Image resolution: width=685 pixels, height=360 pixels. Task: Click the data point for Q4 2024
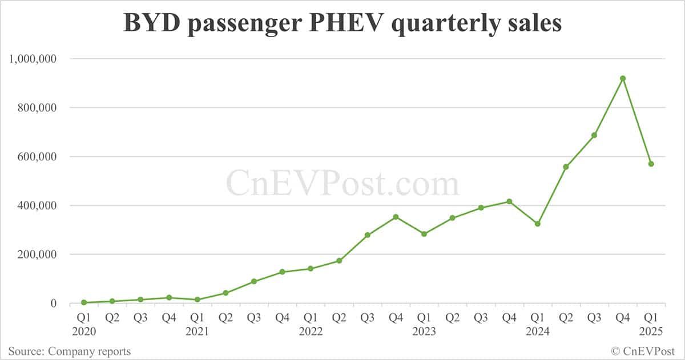pos(623,78)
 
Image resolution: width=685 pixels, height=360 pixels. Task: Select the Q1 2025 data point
pos(651,164)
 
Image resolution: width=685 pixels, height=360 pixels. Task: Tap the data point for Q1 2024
pos(538,224)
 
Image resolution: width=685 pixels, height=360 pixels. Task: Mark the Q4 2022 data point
pos(396,217)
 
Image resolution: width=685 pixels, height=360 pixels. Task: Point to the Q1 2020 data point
pos(84,302)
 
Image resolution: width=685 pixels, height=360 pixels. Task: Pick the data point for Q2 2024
pos(566,167)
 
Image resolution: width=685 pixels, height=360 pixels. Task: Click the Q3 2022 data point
pos(367,235)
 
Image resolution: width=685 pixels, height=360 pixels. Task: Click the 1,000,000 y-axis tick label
pos(33,59)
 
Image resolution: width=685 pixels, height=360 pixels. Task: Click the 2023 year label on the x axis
pos(424,331)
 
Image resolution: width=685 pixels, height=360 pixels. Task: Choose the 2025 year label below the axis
pos(651,331)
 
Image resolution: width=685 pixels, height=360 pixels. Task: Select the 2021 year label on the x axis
pos(197,331)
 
